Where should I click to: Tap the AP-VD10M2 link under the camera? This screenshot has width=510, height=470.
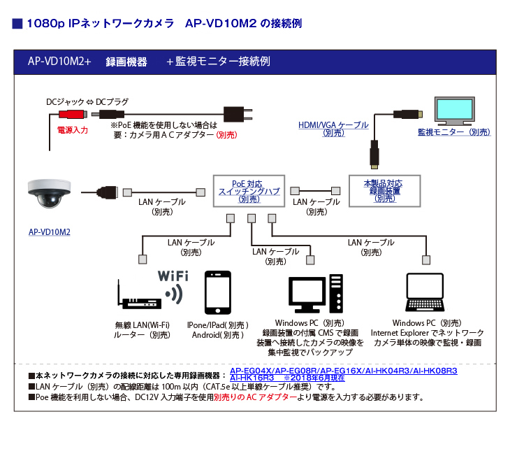pos(49,232)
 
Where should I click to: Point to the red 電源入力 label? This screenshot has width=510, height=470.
pos(72,130)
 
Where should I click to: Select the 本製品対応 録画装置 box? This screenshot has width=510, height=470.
pos(384,190)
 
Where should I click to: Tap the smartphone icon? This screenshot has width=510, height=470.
pos(218,294)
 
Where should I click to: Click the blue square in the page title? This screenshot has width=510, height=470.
pos(17,24)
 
